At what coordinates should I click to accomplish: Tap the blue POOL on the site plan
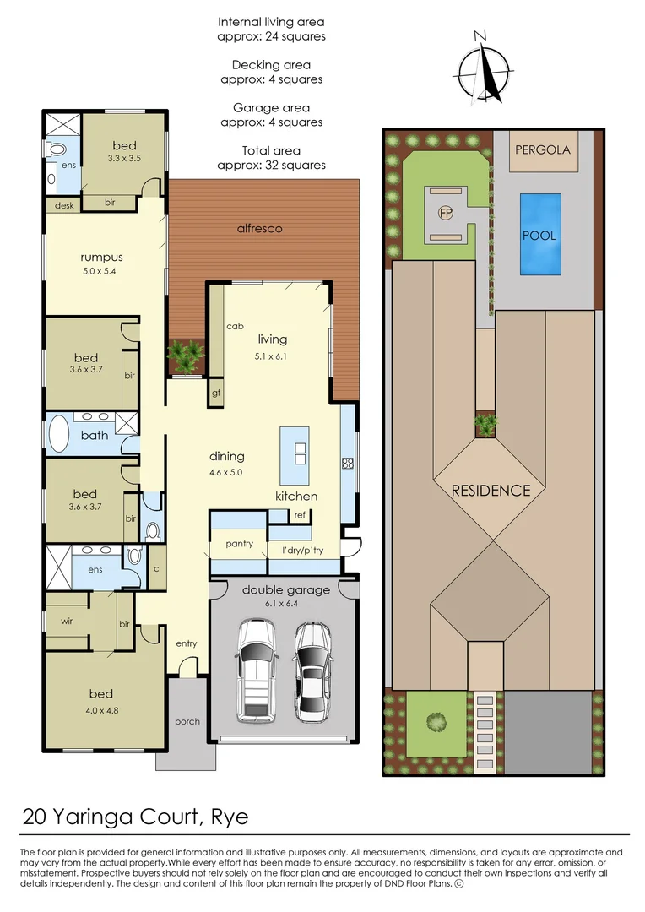tap(539, 235)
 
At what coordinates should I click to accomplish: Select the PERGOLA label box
tap(542, 150)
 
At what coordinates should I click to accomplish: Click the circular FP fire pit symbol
tap(445, 213)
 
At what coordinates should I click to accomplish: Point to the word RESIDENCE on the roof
tap(491, 491)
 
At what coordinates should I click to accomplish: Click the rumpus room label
tap(101, 258)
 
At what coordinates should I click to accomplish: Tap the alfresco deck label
tap(260, 228)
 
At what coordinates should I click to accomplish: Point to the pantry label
tap(239, 544)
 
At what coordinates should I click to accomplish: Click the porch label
tap(187, 722)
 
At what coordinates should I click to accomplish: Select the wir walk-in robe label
tap(67, 623)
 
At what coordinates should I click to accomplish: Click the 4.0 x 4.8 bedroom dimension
tap(101, 710)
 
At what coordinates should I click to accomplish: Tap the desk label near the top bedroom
tap(64, 205)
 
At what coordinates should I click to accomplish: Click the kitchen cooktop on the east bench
tap(347, 463)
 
